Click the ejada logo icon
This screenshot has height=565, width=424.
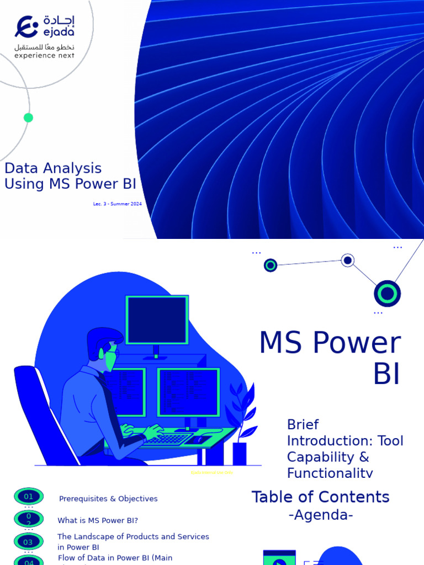tap(26, 26)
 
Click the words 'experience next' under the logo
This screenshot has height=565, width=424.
tap(44, 55)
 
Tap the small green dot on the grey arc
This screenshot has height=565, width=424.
tap(29, 118)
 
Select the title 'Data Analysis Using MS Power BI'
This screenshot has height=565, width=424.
tap(70, 176)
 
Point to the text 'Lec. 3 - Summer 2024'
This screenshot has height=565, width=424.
tap(118, 204)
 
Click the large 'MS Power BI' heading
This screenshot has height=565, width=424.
tap(330, 358)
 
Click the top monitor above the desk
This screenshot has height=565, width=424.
tap(157, 321)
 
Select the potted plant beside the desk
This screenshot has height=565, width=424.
tap(241, 425)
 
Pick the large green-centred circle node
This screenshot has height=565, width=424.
tap(387, 294)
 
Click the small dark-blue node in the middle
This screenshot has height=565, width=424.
tap(347, 260)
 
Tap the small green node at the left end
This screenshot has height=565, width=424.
tap(271, 265)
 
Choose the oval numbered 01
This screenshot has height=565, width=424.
tap(29, 497)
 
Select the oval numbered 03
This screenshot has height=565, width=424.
tap(29, 542)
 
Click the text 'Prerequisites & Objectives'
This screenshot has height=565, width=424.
tap(108, 499)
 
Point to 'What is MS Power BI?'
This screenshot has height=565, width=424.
tap(98, 520)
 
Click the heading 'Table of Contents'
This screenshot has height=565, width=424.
tap(321, 497)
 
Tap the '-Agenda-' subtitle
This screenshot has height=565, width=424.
tap(321, 515)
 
